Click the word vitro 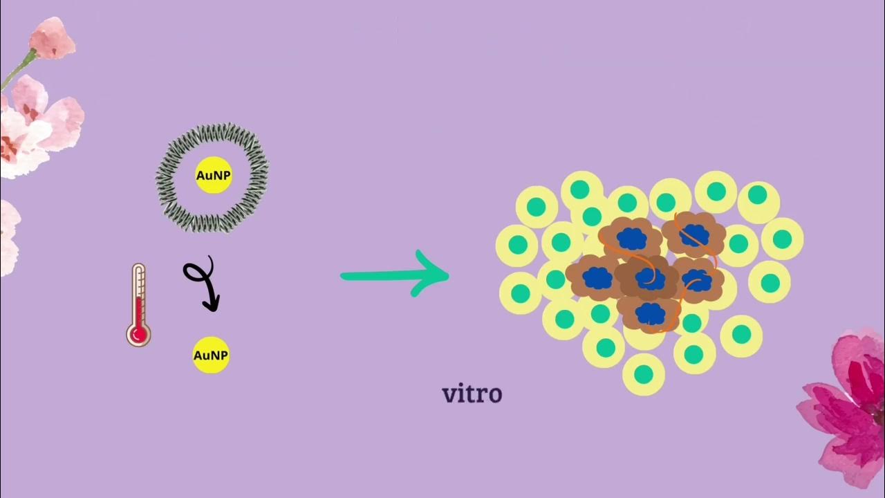click(x=472, y=394)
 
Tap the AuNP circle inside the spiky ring click(x=214, y=176)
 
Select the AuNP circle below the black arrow click(x=211, y=356)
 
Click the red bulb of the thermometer click(x=139, y=335)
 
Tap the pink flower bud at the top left click(x=51, y=37)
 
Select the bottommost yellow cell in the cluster click(x=644, y=374)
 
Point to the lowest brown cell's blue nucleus click(x=650, y=313)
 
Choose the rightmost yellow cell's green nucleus click(x=782, y=239)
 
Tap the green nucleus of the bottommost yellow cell click(x=644, y=374)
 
